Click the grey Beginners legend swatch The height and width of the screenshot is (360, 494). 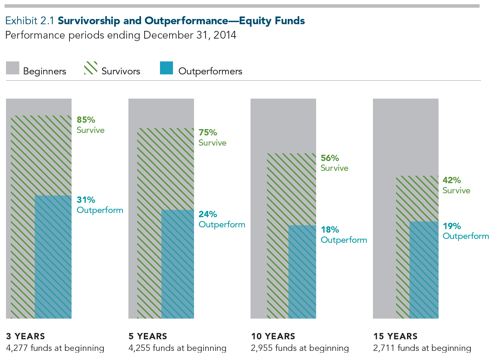13,68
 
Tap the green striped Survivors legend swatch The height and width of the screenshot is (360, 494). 91,68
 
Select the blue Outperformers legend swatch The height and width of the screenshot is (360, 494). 166,68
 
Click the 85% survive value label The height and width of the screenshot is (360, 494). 86,120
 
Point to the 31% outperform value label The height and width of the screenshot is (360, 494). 86,200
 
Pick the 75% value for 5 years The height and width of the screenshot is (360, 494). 208,133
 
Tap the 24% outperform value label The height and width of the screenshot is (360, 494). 208,214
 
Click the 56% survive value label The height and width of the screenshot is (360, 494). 330,158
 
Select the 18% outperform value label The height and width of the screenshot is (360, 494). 330,230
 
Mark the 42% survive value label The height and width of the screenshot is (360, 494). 452,180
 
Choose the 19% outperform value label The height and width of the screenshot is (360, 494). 452,226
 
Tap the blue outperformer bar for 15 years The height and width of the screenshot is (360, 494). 424,270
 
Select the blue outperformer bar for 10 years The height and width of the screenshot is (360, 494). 302,272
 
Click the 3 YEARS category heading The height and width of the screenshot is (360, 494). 26,336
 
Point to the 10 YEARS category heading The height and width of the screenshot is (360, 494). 273,336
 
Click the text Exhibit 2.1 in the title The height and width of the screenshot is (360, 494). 30,21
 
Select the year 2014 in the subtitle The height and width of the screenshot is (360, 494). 225,35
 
